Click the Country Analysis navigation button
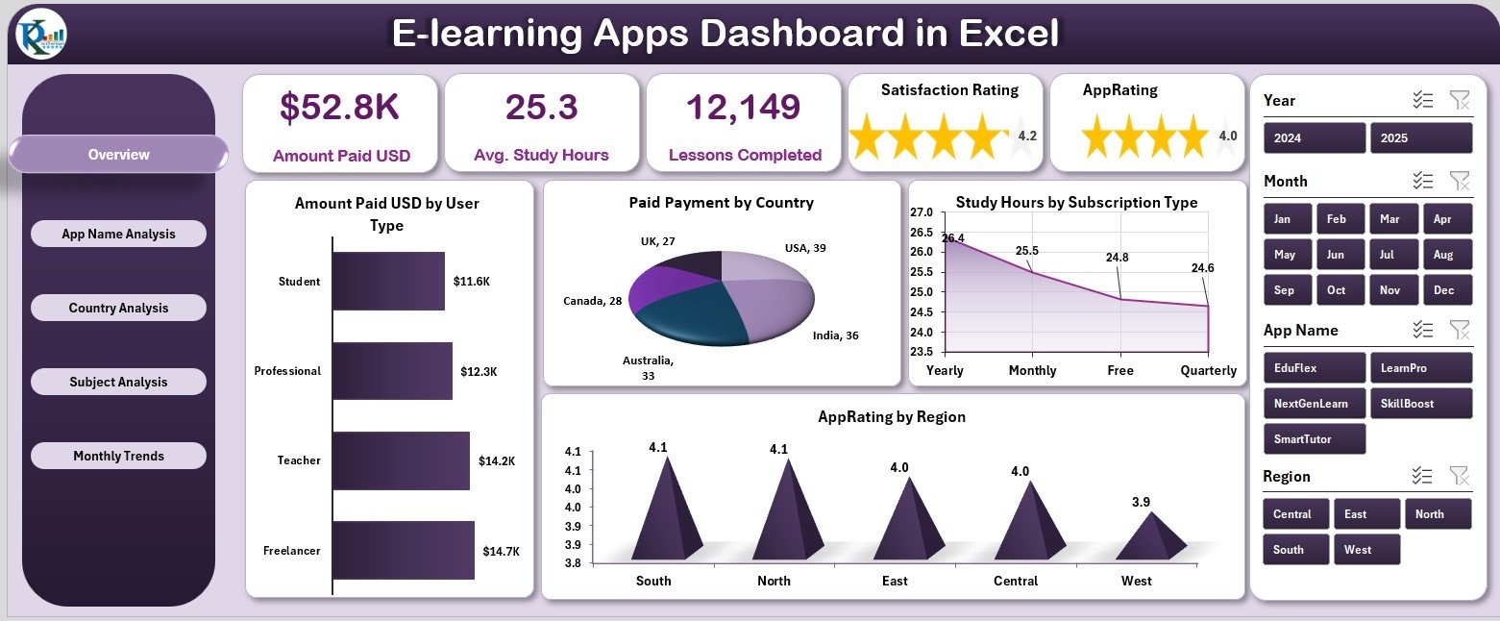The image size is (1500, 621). tap(118, 308)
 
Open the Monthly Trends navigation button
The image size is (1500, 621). tap(118, 456)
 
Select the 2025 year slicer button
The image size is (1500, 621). tap(1420, 137)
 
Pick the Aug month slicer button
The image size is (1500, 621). tap(1446, 255)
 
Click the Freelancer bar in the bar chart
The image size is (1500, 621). tap(404, 550)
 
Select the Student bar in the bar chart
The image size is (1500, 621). tap(388, 282)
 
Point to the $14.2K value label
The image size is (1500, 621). tap(497, 460)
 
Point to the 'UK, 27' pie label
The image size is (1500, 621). tap(658, 240)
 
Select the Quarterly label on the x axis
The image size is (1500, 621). tap(1209, 370)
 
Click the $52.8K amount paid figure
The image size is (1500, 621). tap(339, 108)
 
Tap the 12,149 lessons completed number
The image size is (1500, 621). tap(745, 108)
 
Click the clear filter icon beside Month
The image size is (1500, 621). tap(1459, 181)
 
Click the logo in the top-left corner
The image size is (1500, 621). tap(41, 34)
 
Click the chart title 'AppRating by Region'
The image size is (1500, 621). tap(892, 417)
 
